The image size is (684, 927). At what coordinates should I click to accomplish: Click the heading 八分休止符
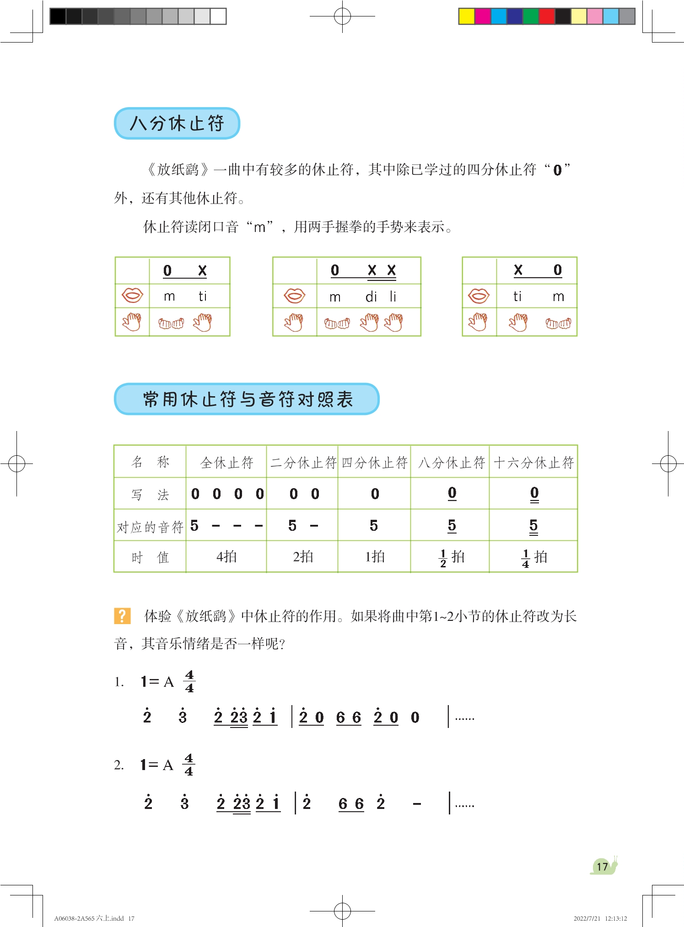177,124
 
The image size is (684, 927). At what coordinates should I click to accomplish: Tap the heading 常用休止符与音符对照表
247,399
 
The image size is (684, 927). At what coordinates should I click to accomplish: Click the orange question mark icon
122,616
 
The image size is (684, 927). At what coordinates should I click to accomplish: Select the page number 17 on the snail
602,866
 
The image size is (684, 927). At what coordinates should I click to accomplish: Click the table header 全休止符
226,463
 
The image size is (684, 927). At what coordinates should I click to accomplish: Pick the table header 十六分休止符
533,463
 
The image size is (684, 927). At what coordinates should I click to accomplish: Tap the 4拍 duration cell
226,557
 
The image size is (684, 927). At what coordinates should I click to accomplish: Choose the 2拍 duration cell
303,557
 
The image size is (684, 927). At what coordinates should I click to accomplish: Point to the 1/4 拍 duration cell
533,557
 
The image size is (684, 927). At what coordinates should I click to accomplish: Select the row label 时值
150,557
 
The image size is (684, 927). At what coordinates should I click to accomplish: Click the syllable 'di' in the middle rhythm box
371,297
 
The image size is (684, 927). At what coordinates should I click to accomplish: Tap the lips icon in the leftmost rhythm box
132,296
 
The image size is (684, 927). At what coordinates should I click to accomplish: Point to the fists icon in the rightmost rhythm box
558,323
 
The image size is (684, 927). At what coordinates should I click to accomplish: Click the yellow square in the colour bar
466,16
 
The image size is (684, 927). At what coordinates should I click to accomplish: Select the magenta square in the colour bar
483,16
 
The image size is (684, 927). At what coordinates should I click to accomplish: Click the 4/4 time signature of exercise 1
189,682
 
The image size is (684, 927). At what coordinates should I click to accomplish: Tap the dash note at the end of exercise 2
417,804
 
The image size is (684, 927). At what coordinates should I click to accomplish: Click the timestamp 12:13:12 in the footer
616,918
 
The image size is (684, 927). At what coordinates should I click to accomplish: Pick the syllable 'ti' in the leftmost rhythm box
203,296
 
